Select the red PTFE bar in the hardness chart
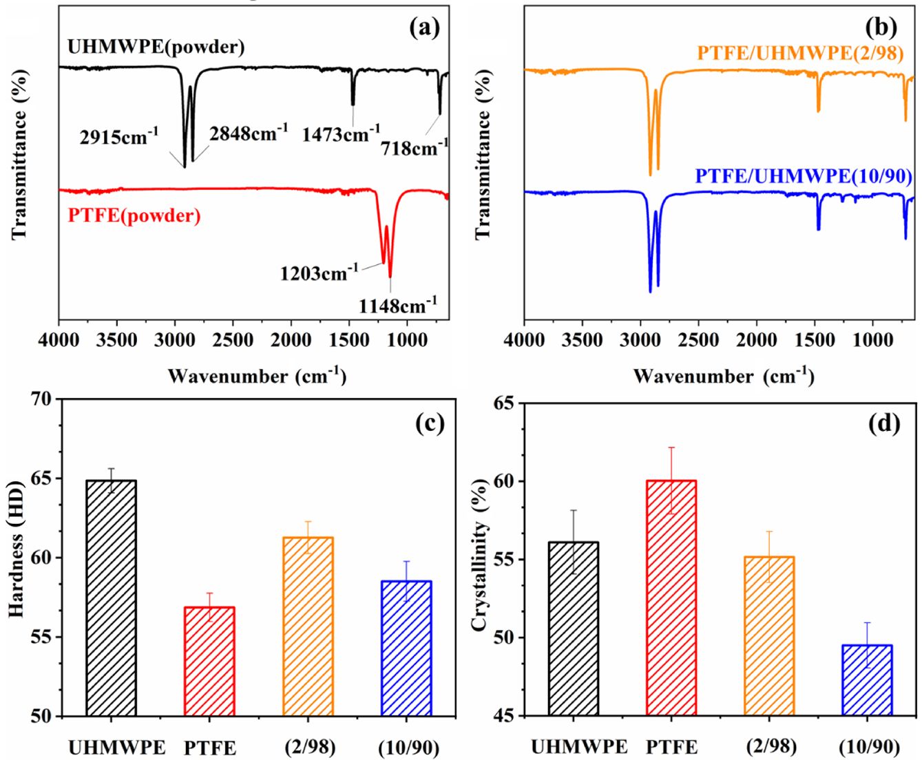click(x=209, y=661)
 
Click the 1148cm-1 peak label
click(x=397, y=304)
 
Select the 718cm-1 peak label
click(x=415, y=146)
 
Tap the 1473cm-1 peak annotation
click(x=341, y=133)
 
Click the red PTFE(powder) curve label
click(x=134, y=215)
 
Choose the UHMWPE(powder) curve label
click(x=156, y=47)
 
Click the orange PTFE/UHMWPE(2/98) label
click(x=800, y=53)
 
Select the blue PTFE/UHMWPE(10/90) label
click(x=804, y=176)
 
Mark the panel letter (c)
click(x=430, y=423)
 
